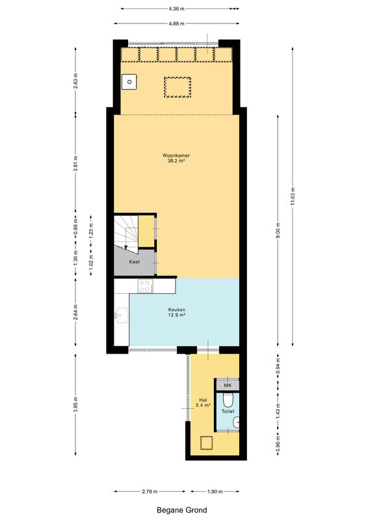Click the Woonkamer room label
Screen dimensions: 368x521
pyautogui.click(x=176, y=155)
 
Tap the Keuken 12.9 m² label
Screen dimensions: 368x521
pyautogui.click(x=177, y=312)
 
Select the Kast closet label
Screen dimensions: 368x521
pyautogui.click(x=135, y=262)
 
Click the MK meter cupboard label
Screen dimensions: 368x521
pyautogui.click(x=228, y=386)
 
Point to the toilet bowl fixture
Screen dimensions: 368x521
pyautogui.click(x=228, y=400)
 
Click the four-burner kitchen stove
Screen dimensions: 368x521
pyautogui.click(x=146, y=286)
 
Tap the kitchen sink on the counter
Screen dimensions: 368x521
pyautogui.click(x=122, y=315)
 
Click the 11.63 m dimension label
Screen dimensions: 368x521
pyautogui.click(x=293, y=197)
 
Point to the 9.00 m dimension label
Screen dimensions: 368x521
pyautogui.click(x=278, y=230)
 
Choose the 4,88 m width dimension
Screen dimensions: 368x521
pyautogui.click(x=177, y=23)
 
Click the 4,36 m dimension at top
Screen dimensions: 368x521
pyautogui.click(x=177, y=9)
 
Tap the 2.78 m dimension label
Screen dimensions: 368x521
pyautogui.click(x=150, y=492)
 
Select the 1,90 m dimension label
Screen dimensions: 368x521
pyautogui.click(x=215, y=492)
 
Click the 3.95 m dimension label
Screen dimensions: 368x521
pyautogui.click(x=75, y=404)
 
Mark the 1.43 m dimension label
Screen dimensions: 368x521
pyautogui.click(x=278, y=410)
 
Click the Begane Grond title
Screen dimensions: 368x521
pyautogui.click(x=182, y=510)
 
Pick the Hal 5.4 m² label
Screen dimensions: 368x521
pyautogui.click(x=203, y=402)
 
